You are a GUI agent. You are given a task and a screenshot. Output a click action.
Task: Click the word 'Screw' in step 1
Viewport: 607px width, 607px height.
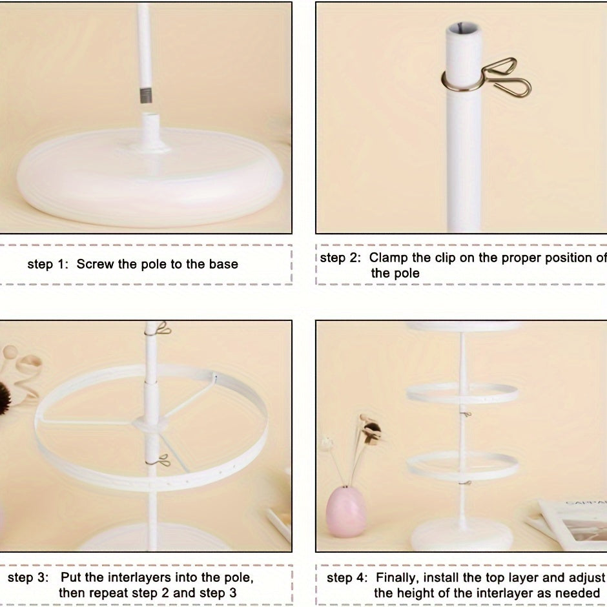tap(97, 264)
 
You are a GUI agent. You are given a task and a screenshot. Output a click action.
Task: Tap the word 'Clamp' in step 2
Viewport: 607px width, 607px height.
tap(389, 258)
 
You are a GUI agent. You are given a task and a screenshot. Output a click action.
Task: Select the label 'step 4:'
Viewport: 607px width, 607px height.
tap(347, 578)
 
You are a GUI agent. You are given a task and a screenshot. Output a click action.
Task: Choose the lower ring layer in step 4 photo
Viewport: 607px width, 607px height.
tap(462, 464)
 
